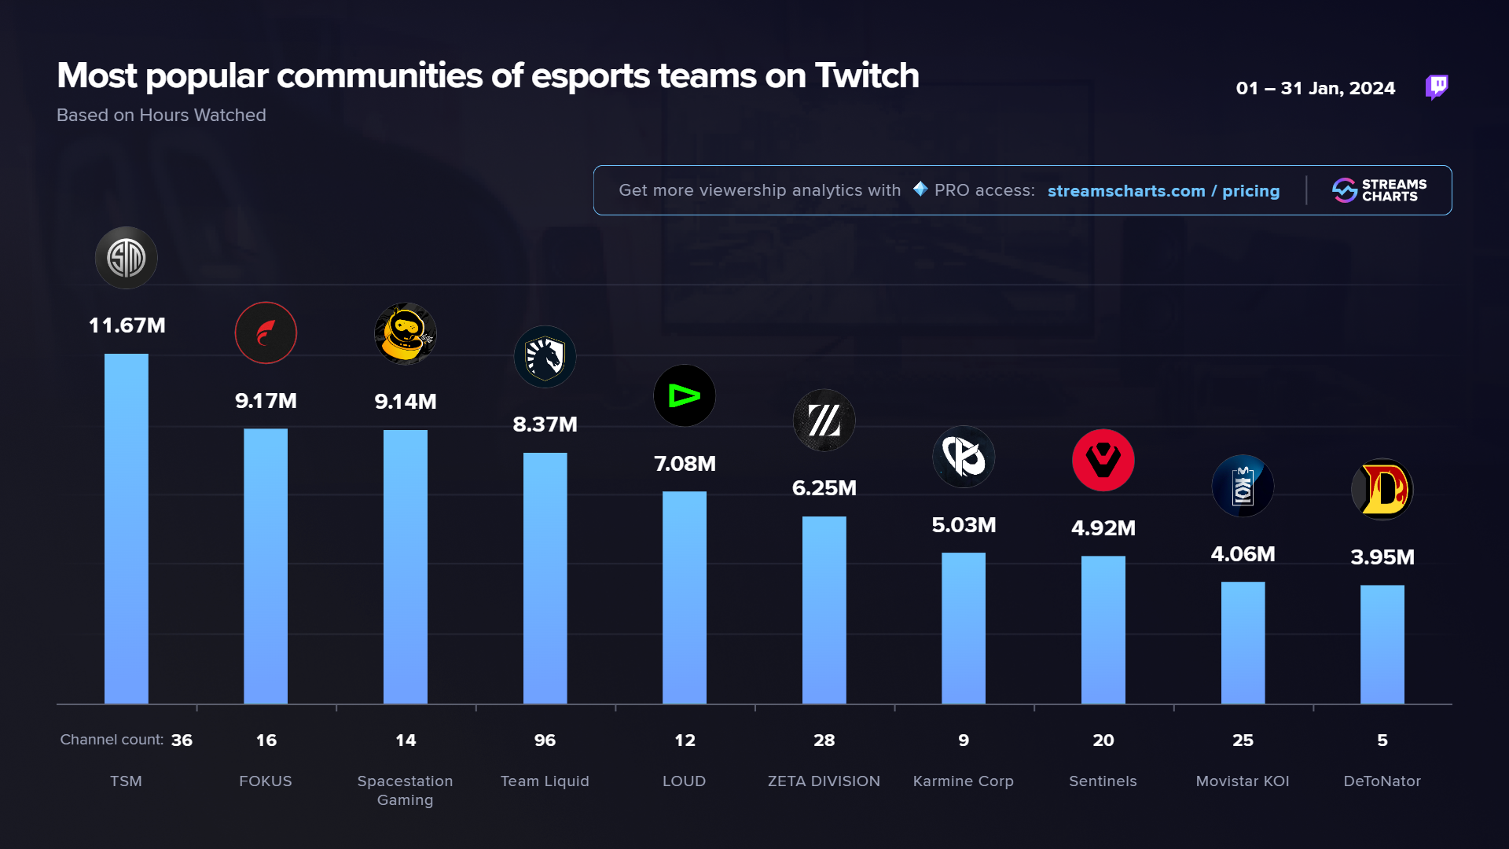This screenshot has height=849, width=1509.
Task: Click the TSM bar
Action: click(x=126, y=528)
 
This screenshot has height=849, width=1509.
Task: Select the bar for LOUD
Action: click(x=684, y=597)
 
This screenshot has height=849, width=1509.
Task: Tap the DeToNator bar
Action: click(x=1382, y=644)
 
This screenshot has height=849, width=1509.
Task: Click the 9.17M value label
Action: click(x=266, y=401)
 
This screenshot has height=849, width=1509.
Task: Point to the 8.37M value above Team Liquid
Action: click(x=545, y=424)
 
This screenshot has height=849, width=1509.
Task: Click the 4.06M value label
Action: click(x=1243, y=554)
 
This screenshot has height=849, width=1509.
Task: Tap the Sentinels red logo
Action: click(x=1103, y=460)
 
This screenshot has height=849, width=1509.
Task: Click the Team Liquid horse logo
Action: click(x=545, y=357)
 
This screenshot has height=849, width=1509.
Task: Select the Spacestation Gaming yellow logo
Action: click(x=405, y=333)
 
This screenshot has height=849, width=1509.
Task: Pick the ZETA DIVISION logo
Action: click(x=824, y=420)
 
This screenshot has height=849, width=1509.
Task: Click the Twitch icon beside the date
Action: click(x=1437, y=86)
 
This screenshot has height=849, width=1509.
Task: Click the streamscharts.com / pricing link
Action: click(x=1163, y=191)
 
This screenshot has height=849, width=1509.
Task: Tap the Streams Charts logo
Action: click(x=1379, y=190)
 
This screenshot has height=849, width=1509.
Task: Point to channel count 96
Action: click(x=545, y=741)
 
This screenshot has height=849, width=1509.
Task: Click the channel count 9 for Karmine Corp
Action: click(x=964, y=741)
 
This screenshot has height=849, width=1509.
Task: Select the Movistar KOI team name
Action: click(x=1243, y=781)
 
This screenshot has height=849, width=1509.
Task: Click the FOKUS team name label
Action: click(x=266, y=781)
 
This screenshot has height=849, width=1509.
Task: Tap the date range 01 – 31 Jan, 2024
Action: click(x=1315, y=88)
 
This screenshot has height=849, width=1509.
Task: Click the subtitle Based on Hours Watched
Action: click(x=161, y=116)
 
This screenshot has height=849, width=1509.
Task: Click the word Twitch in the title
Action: click(x=867, y=76)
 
